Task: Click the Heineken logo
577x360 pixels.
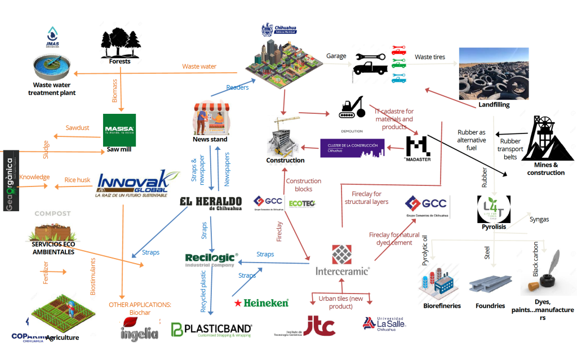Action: click(261, 303)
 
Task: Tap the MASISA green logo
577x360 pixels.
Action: click(119, 130)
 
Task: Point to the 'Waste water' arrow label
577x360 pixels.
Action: click(199, 66)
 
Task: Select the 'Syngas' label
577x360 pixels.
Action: click(540, 219)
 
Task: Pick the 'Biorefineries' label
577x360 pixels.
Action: click(442, 306)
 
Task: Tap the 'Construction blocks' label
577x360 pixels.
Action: click(304, 185)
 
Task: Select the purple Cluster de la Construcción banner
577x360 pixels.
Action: click(352, 148)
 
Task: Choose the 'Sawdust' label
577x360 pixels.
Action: click(77, 128)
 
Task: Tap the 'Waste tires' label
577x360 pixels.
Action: click(430, 57)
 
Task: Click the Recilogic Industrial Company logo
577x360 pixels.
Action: click(211, 260)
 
